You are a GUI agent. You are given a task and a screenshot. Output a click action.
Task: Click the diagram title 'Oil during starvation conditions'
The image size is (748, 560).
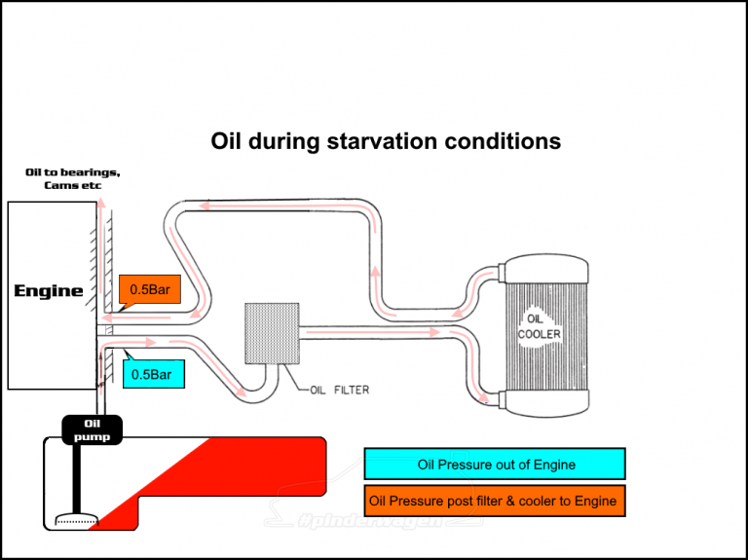click(386, 141)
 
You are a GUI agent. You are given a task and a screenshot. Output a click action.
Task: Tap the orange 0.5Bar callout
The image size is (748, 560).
click(150, 289)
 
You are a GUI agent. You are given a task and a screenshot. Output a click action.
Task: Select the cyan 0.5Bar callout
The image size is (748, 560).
click(153, 374)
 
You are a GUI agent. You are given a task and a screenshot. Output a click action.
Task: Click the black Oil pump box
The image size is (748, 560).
click(93, 429)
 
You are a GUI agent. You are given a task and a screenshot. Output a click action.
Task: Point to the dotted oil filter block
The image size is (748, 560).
click(272, 333)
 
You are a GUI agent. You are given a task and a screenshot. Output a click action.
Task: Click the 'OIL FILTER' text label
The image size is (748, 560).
click(340, 391)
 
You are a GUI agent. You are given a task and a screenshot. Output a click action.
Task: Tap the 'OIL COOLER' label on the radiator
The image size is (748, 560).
click(539, 326)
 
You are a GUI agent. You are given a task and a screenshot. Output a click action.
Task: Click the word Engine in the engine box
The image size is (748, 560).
click(48, 290)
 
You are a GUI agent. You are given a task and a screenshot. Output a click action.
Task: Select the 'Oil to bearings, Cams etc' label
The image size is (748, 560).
click(72, 178)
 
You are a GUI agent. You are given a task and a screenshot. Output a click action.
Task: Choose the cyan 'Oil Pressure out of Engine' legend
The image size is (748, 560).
click(495, 465)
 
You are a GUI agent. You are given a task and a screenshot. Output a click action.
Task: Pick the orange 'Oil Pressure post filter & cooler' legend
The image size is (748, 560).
click(495, 501)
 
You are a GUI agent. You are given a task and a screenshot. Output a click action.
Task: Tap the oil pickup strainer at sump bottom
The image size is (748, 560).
click(77, 519)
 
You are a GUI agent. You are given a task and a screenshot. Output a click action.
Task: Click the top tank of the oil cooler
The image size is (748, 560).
click(546, 270)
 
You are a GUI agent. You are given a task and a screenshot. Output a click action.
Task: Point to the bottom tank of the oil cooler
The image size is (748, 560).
click(546, 403)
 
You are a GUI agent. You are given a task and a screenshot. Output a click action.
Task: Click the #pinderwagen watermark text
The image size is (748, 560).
click(371, 521)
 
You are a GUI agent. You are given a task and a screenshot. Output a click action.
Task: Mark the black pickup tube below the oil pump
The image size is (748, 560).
click(76, 478)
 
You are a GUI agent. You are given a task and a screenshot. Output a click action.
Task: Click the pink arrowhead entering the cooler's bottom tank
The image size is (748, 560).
click(484, 397)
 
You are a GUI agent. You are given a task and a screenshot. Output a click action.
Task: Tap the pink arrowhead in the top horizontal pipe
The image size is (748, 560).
click(206, 206)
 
